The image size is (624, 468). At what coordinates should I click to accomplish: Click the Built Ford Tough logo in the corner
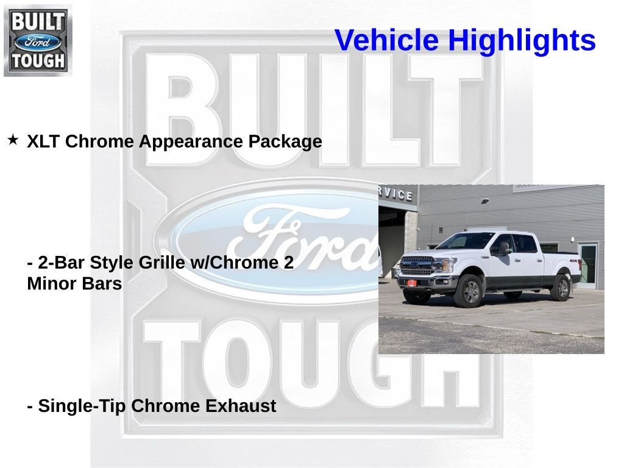tap(37, 40)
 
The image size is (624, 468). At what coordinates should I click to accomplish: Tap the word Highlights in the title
tap(522, 41)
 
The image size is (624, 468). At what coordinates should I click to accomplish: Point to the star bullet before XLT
tap(13, 140)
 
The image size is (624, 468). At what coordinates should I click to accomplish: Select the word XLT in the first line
tap(43, 141)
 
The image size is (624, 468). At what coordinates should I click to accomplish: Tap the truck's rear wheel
tap(560, 287)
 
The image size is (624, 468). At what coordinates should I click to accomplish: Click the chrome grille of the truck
tap(417, 266)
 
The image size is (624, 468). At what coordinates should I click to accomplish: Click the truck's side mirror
tap(503, 248)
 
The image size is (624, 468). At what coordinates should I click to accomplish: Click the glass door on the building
tap(588, 265)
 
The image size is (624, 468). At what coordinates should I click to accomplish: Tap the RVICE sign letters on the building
tap(395, 193)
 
